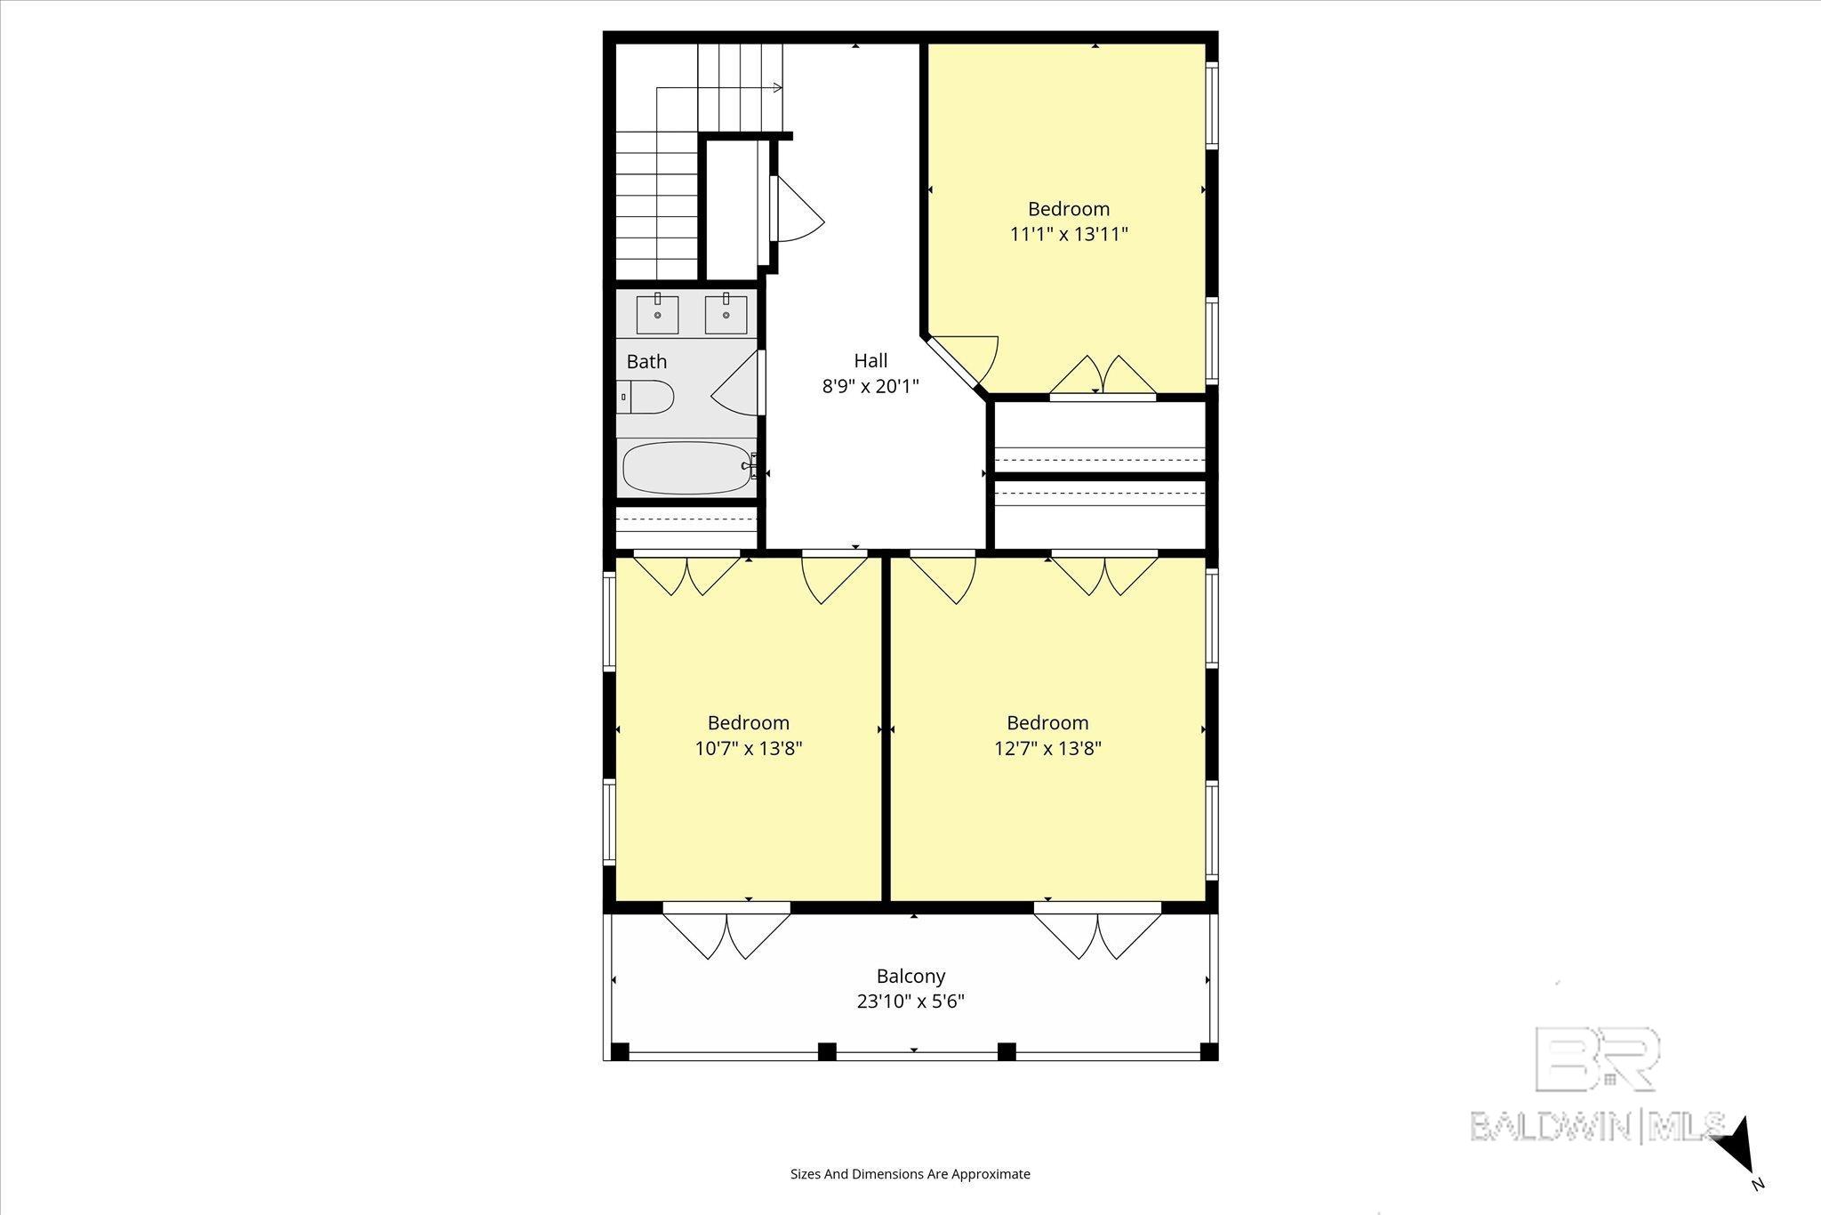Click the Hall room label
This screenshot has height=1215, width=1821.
[x=870, y=360]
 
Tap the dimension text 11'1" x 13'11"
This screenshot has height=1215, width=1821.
[x=1069, y=234]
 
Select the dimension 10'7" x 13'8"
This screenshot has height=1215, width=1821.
[x=749, y=748]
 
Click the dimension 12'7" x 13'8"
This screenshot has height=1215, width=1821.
[x=1047, y=748]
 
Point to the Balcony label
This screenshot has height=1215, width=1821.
[x=910, y=976]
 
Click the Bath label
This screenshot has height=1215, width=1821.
[x=646, y=362]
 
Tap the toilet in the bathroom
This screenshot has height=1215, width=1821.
[x=646, y=397]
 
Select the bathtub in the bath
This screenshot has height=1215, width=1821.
[x=687, y=468]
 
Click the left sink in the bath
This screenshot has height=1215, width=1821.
[x=657, y=314]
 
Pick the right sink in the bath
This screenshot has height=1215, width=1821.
[x=726, y=314]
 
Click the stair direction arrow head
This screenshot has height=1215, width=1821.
[x=777, y=87]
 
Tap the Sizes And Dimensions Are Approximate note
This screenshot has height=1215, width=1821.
[x=910, y=1174]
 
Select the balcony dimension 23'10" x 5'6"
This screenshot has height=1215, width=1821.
[x=910, y=1002]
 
